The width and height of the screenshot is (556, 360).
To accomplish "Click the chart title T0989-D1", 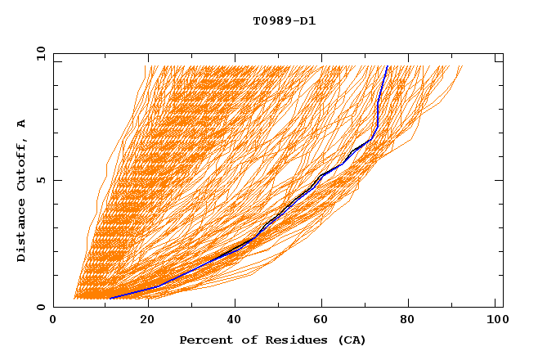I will pyautogui.click(x=284, y=21).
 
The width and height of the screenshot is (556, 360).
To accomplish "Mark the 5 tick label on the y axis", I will pyautogui.click(x=40, y=180).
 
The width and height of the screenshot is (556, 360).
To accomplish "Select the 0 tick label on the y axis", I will pyautogui.click(x=40, y=307).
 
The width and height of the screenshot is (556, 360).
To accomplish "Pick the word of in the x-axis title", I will pyautogui.click(x=246, y=340).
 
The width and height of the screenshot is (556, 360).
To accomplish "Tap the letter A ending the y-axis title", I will pyautogui.click(x=21, y=123).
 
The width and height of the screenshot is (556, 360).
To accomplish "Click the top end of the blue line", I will pyautogui.click(x=388, y=66).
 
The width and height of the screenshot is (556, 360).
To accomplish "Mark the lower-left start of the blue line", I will pyautogui.click(x=109, y=299).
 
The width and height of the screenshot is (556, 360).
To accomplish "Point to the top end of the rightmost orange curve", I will pyautogui.click(x=462, y=66).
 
